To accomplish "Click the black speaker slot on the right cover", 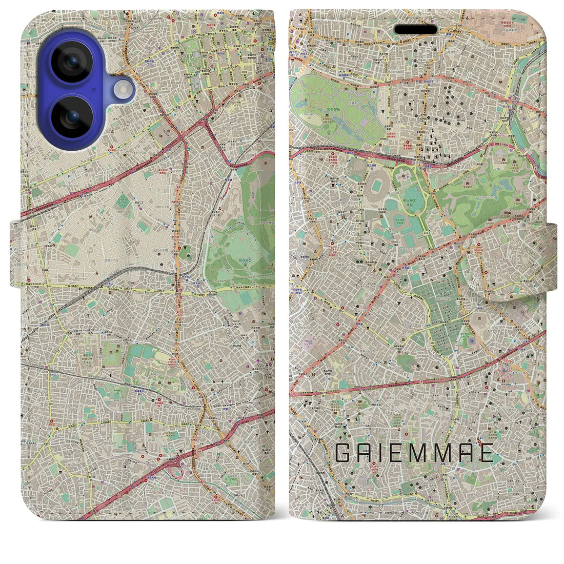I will (416, 30).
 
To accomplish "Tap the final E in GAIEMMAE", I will (487, 453).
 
